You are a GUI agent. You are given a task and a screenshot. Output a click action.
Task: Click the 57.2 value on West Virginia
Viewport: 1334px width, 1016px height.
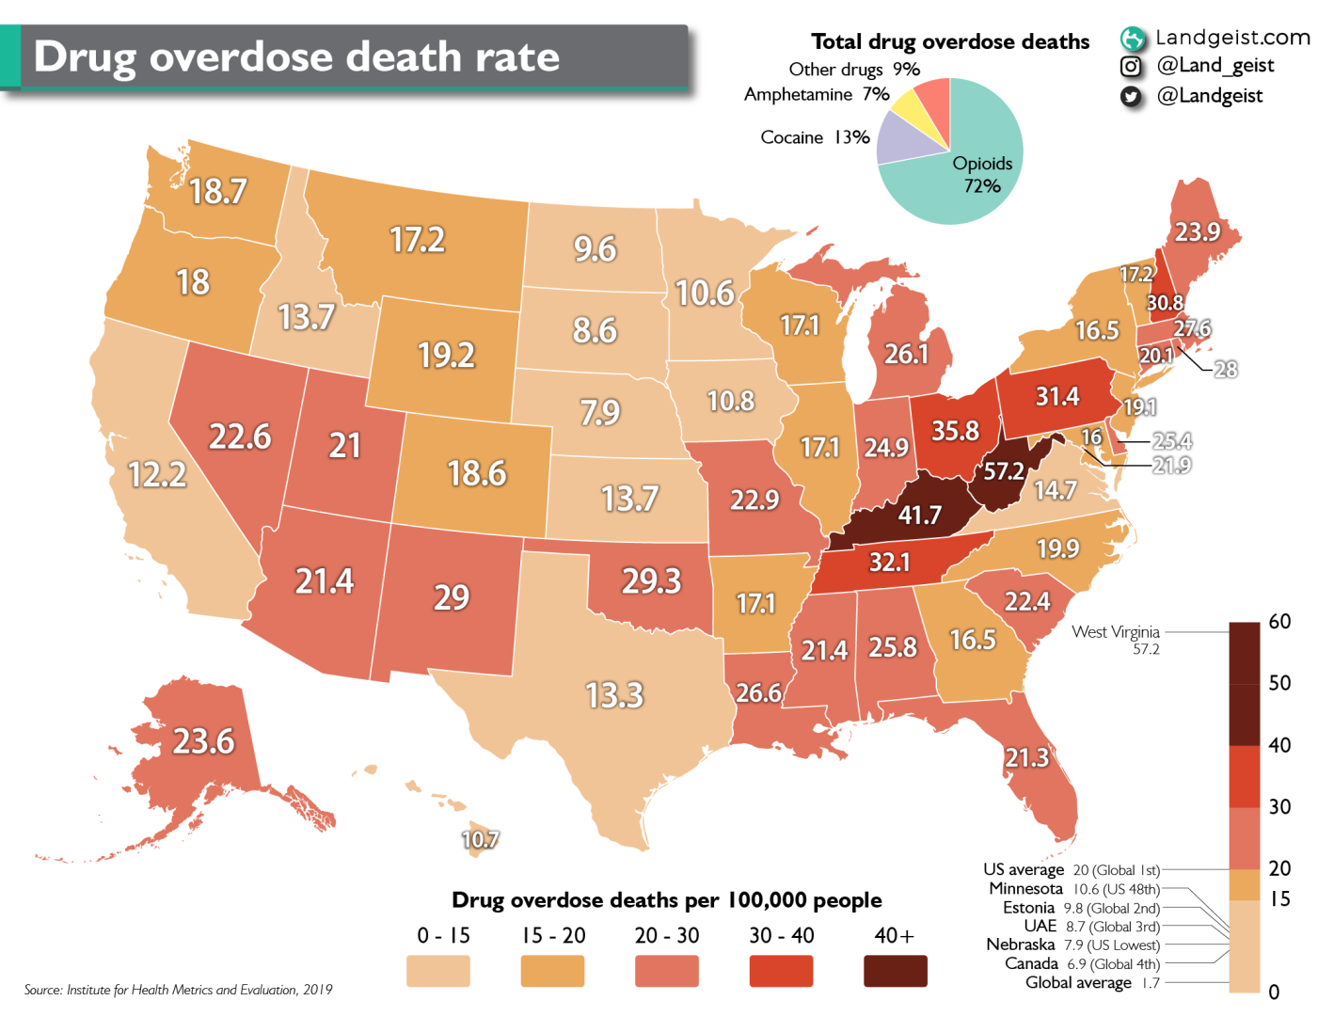1004,470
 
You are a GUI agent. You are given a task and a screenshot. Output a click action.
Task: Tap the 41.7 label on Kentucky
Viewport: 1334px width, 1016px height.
919,515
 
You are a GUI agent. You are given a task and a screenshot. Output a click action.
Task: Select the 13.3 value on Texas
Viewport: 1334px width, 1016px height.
614,695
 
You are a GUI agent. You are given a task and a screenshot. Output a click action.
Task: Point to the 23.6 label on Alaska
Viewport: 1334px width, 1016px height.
203,741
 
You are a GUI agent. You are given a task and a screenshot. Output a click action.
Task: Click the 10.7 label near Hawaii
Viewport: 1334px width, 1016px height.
480,839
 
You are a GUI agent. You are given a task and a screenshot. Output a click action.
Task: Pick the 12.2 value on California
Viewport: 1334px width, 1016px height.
157,474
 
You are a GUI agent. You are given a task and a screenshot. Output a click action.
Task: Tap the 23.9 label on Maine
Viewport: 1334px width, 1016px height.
1197,231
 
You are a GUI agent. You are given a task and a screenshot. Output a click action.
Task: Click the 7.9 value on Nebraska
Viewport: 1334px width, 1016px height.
600,412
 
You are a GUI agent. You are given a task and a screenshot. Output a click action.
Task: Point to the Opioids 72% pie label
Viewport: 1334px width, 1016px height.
982,174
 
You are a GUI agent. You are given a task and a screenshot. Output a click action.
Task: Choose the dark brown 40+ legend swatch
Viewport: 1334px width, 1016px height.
895,971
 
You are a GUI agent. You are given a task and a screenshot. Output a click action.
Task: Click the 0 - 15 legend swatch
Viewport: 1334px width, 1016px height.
437,971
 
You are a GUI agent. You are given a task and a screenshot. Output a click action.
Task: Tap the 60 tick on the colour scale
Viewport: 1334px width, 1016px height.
1279,622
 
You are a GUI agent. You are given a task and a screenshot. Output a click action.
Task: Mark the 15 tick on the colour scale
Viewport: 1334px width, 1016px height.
1279,898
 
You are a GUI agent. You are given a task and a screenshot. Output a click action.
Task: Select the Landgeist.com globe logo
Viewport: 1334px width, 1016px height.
1133,39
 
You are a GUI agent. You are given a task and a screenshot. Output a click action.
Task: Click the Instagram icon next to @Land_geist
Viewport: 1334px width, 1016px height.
1131,66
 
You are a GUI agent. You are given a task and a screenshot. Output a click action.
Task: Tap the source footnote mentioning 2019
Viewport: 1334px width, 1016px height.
179,990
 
